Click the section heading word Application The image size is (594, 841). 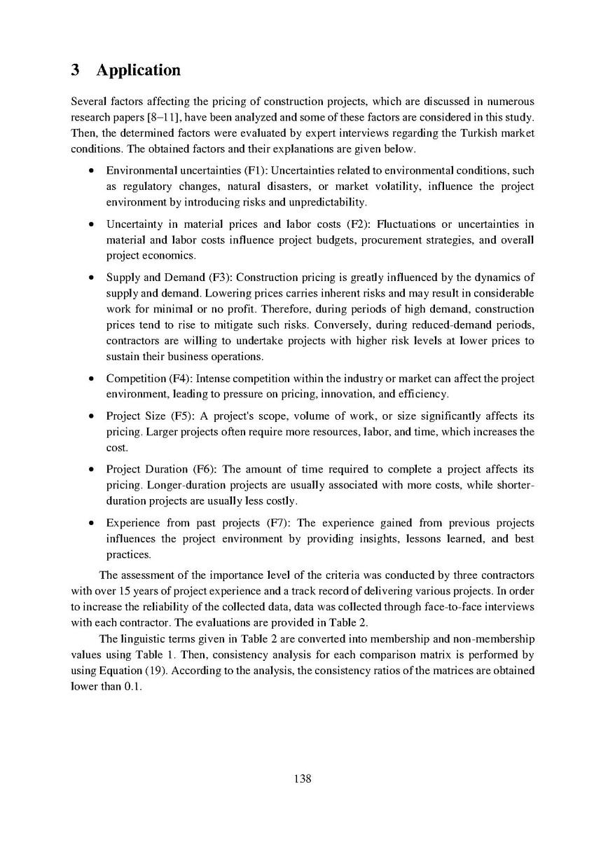(139, 71)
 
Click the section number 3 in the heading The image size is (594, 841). (76, 71)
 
